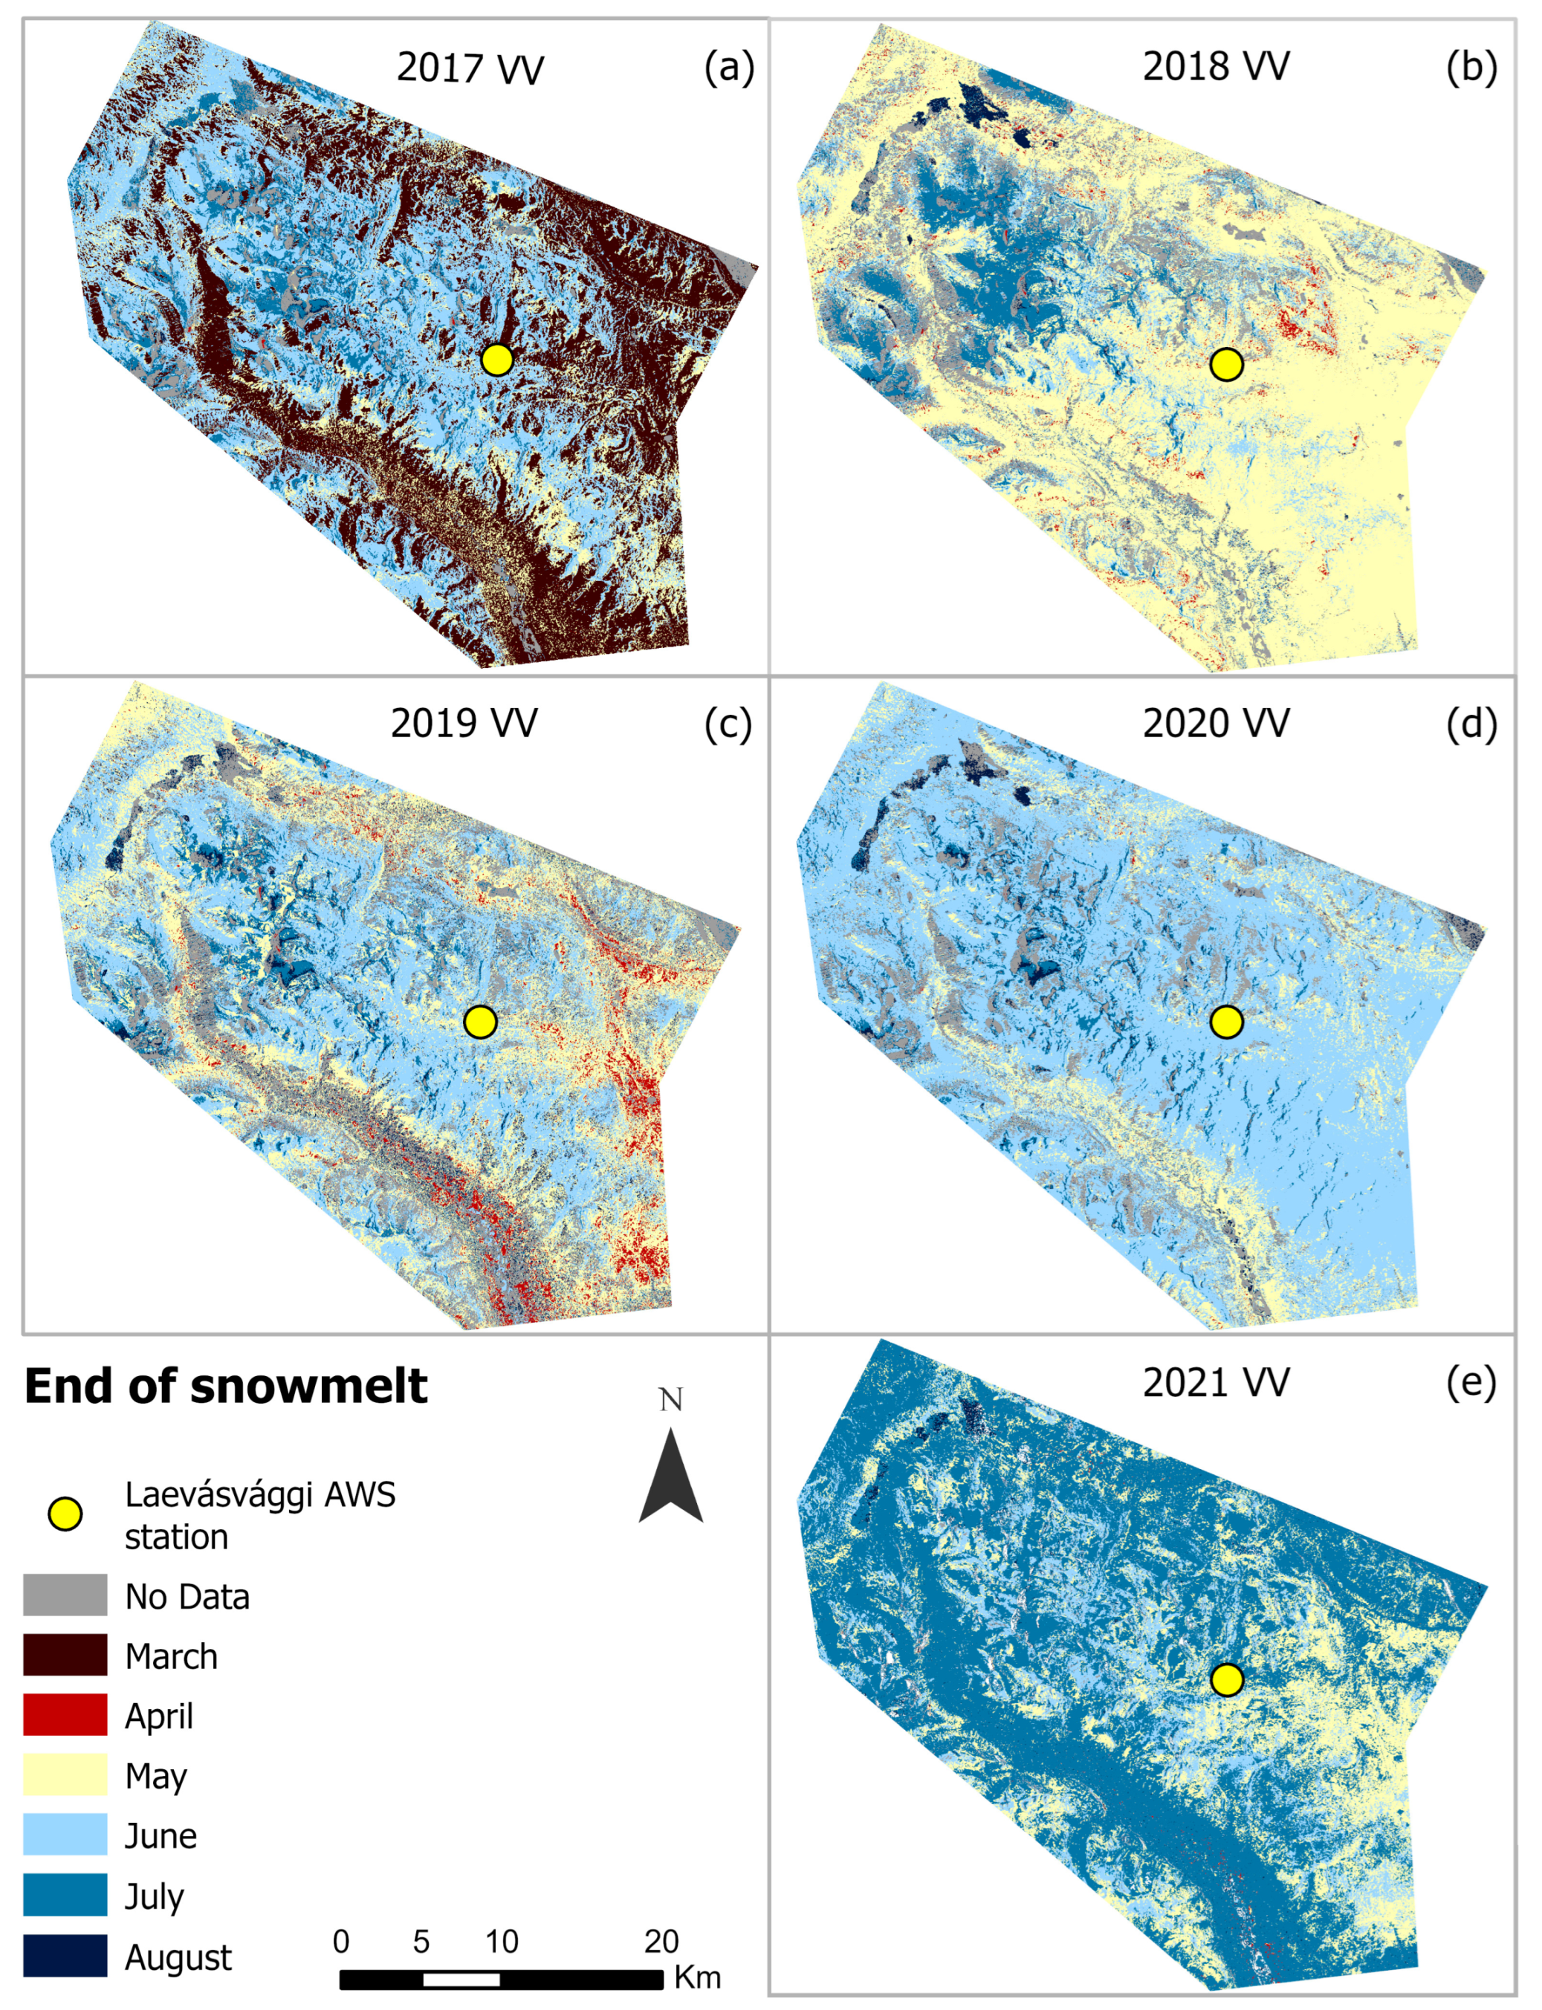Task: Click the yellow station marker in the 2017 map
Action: pos(496,360)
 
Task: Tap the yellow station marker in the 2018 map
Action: pos(1226,364)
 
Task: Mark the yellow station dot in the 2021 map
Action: pos(1226,1679)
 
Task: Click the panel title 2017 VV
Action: pos(469,69)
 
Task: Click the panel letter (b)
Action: pos(1471,67)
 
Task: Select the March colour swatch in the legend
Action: pos(65,1654)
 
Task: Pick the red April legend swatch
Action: pos(65,1714)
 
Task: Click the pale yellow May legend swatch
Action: pos(65,1774)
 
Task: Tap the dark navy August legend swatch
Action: pos(65,1955)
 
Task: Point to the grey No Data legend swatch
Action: pos(65,1595)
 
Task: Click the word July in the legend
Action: pos(155,1896)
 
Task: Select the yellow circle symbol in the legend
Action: pos(65,1514)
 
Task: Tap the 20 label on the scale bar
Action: pos(661,1942)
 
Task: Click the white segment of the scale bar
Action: pos(461,1980)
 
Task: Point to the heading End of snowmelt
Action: pos(226,1386)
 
